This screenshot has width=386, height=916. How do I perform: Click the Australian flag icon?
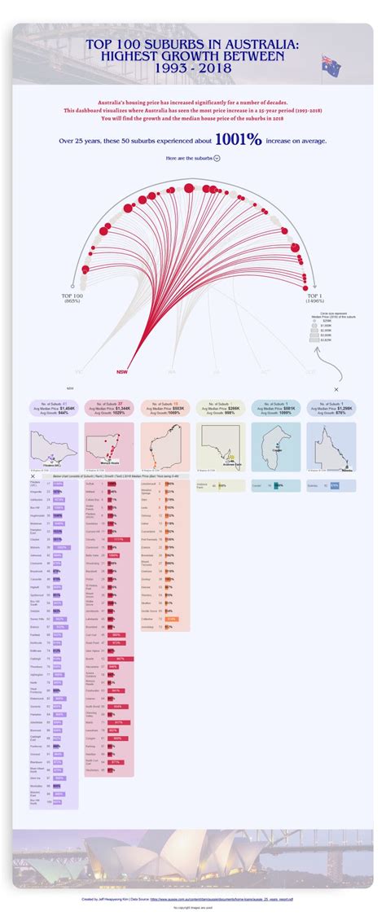331,64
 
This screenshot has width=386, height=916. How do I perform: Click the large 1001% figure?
239,139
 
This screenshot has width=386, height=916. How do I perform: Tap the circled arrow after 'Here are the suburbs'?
217,158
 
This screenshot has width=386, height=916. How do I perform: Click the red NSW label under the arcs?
122,372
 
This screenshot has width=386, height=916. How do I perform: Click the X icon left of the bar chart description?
33,476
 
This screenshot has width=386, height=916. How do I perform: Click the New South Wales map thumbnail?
109,446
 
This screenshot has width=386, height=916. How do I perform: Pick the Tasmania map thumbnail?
275,446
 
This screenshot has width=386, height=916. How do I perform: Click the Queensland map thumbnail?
331,446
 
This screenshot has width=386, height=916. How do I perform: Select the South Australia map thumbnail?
220,446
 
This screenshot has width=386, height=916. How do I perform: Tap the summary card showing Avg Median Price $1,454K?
54,408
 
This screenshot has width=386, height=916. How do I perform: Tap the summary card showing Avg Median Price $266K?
220,408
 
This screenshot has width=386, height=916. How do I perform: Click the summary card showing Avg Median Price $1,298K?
331,408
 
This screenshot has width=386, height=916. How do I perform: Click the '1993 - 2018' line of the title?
192,68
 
